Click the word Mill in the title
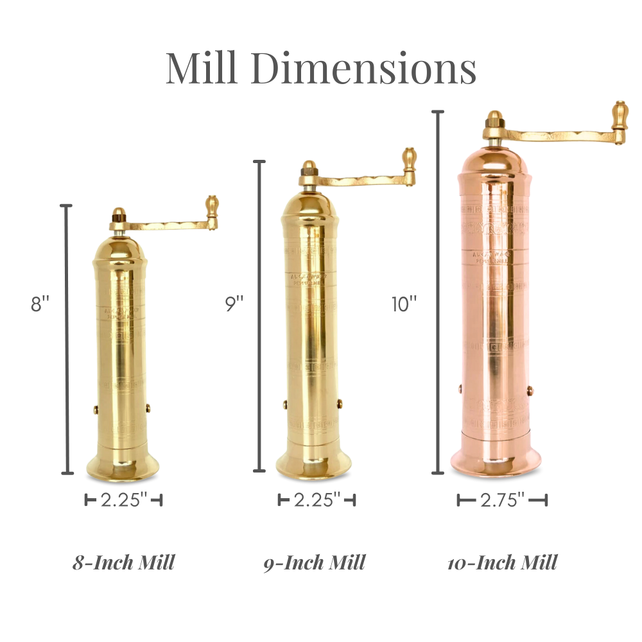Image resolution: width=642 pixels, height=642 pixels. coord(202,68)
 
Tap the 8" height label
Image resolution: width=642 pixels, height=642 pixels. coord(40,304)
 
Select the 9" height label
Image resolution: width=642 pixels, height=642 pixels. coord(234,304)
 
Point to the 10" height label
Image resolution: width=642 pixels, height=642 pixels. coord(404,304)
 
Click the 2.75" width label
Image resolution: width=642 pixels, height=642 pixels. coord(503,499)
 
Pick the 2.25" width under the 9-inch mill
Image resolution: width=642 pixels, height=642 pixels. coord(317,499)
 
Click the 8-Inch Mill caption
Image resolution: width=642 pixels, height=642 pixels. coord(123,563)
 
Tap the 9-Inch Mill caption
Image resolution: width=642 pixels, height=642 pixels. coord(315,563)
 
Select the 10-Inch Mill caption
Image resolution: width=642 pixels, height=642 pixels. coord(503,563)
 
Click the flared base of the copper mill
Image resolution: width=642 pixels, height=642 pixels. coord(495,461)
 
